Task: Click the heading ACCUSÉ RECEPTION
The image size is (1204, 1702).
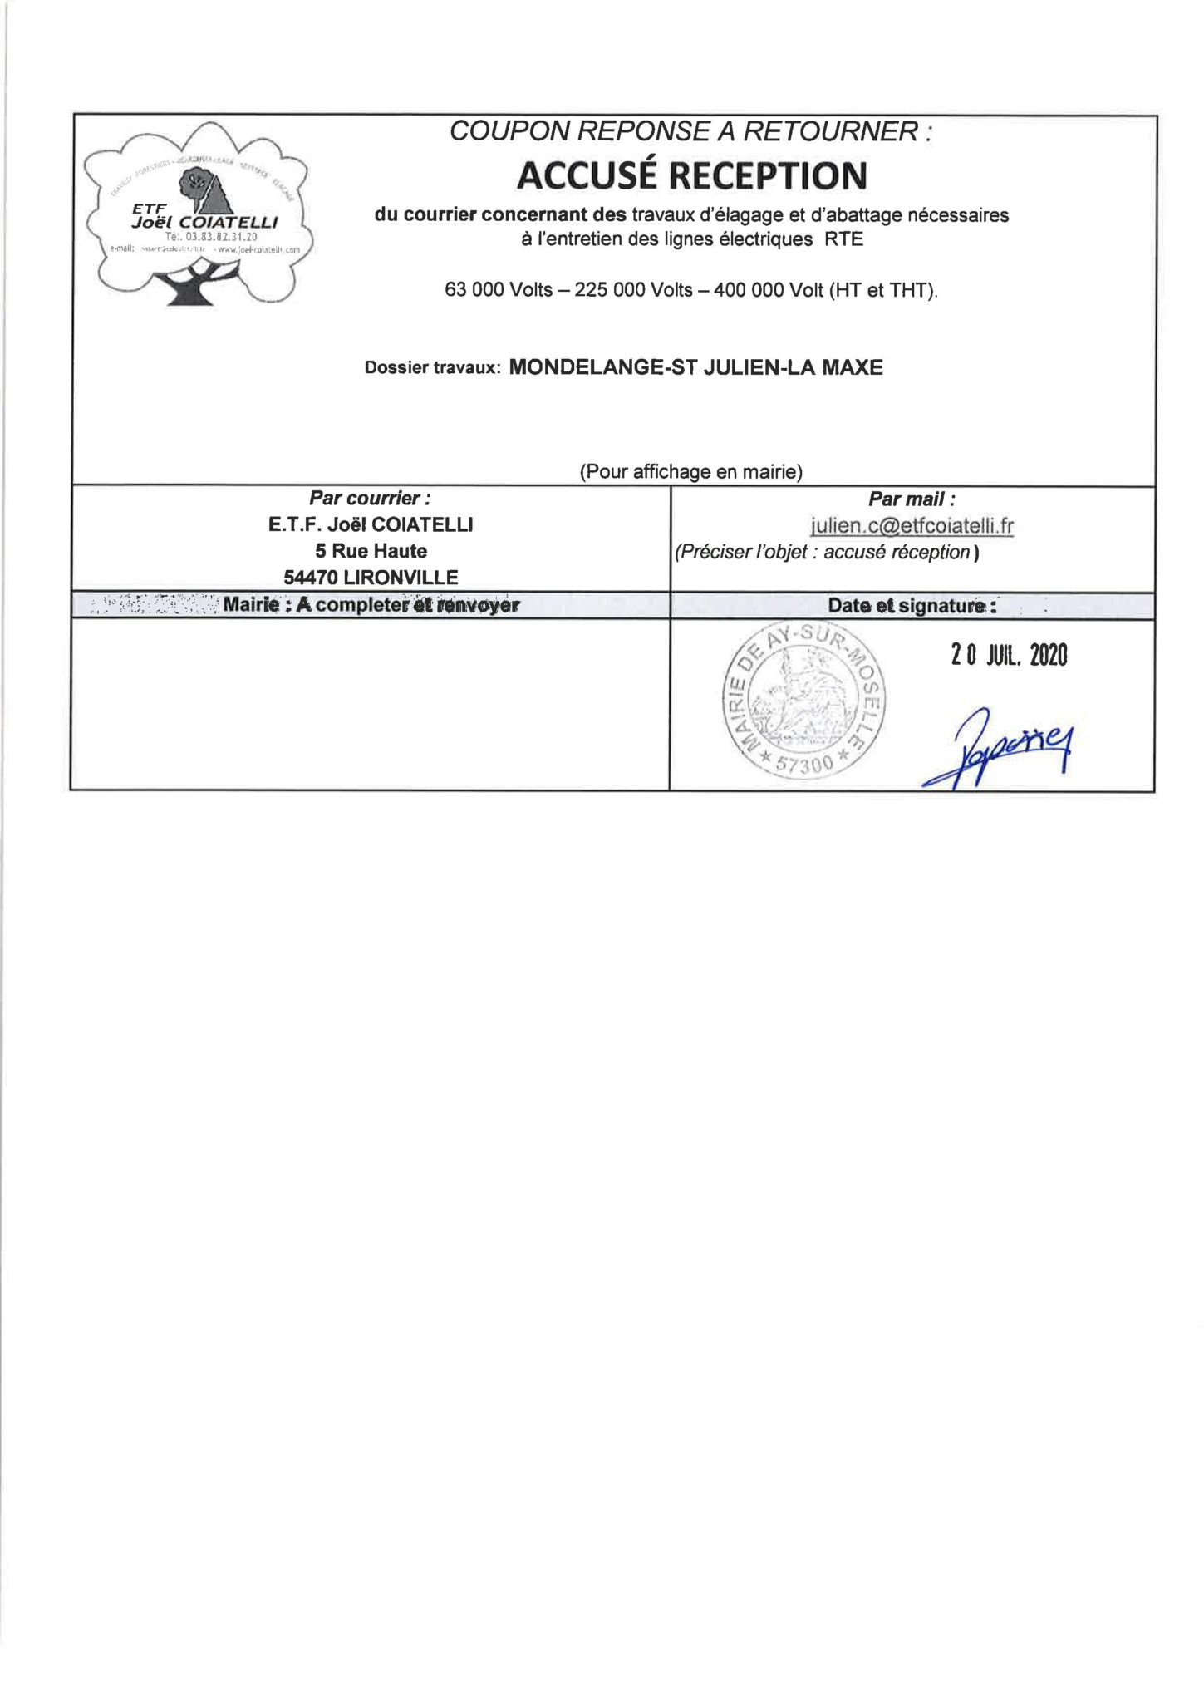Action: pyautogui.click(x=691, y=175)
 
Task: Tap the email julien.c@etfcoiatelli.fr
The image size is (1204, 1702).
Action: pyautogui.click(x=912, y=526)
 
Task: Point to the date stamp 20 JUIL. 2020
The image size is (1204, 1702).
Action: pyautogui.click(x=1009, y=656)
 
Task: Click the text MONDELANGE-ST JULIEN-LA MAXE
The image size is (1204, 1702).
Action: pyautogui.click(x=695, y=366)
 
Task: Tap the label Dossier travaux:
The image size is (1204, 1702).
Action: pyautogui.click(x=432, y=368)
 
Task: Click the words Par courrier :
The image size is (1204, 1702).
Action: pyautogui.click(x=370, y=499)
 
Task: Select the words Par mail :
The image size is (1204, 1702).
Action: pyautogui.click(x=912, y=499)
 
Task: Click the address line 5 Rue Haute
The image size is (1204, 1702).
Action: pyautogui.click(x=371, y=551)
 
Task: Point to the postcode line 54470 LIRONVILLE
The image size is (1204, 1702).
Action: pyautogui.click(x=371, y=578)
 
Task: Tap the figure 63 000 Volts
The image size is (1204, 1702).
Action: pyautogui.click(x=499, y=290)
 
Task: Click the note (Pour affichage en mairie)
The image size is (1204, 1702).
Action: pyautogui.click(x=690, y=472)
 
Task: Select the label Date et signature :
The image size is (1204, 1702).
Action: pyautogui.click(x=912, y=606)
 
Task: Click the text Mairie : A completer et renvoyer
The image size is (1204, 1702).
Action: pyautogui.click(x=371, y=605)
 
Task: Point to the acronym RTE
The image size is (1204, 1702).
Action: pyautogui.click(x=844, y=240)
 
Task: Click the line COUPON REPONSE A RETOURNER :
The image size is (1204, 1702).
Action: pyautogui.click(x=690, y=131)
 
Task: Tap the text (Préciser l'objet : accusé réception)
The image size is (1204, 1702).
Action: pyautogui.click(x=827, y=553)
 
